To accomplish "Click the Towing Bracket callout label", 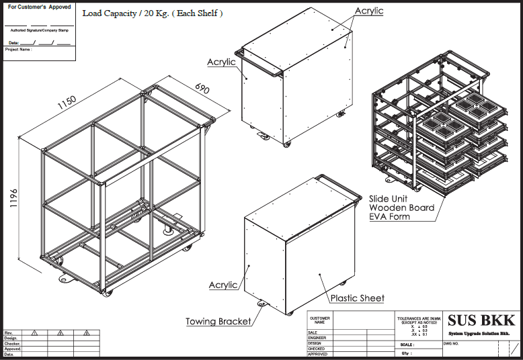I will (218, 322).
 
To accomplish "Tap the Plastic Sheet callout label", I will (357, 298).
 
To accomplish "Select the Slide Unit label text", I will (391, 199).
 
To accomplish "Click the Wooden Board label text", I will (401, 208).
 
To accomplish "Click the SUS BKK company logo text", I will (482, 320).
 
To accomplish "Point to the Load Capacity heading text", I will (153, 13).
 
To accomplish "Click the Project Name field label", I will (18, 50).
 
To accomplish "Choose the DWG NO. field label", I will (451, 343).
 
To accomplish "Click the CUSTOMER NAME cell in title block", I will (319, 320).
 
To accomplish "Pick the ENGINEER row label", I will (317, 338).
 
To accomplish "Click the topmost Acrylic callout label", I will (368, 11).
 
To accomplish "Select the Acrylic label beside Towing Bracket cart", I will (223, 285).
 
